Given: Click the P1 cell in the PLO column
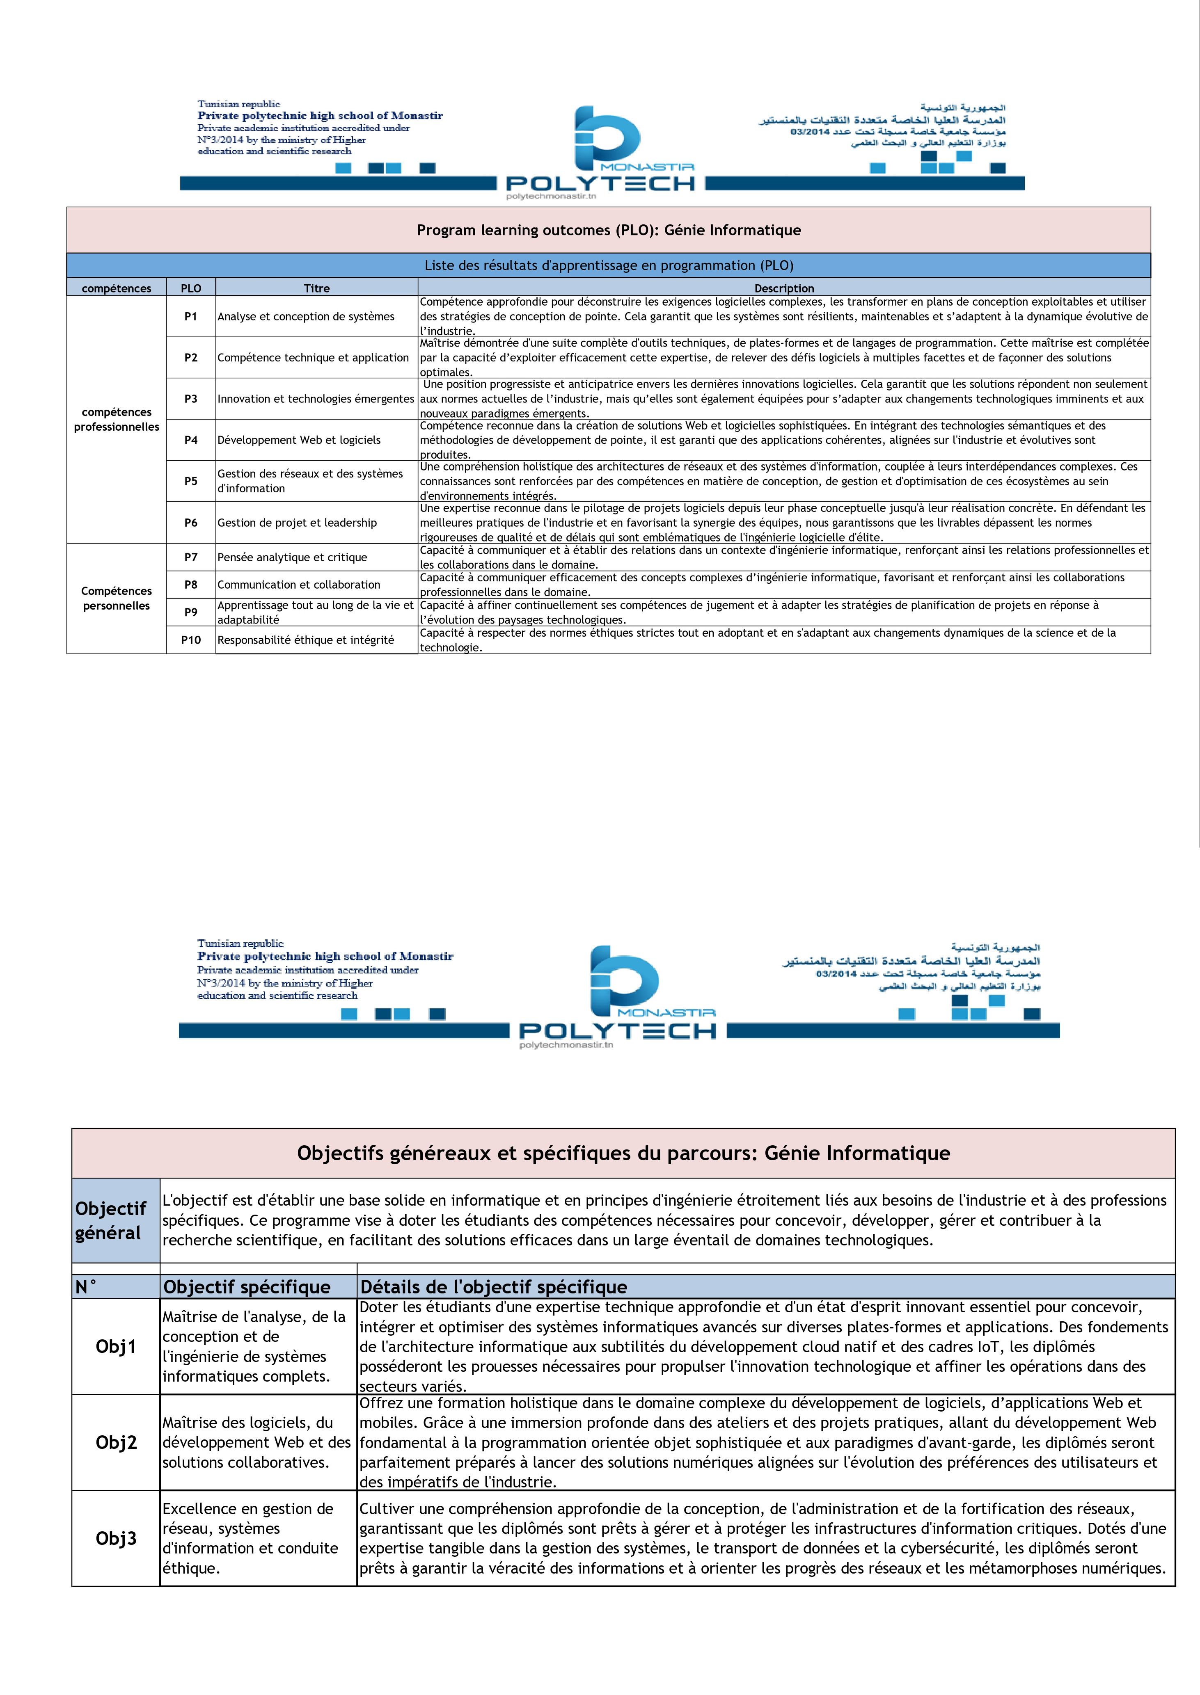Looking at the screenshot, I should pyautogui.click(x=191, y=316).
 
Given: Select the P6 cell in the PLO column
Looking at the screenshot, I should pyautogui.click(x=191, y=522).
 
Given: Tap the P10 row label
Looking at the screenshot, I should pyautogui.click(x=191, y=640).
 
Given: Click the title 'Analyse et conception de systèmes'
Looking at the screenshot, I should pyautogui.click(x=306, y=316).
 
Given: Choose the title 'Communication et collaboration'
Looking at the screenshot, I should pyautogui.click(x=298, y=584).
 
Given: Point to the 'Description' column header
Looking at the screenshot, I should pyautogui.click(x=784, y=288).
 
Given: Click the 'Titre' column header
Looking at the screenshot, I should pyautogui.click(x=316, y=288).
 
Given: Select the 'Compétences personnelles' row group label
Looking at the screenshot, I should pyautogui.click(x=116, y=598).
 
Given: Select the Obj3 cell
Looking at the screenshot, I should pyautogui.click(x=116, y=1538).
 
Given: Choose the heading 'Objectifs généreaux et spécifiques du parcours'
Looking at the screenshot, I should pyautogui.click(x=623, y=1153).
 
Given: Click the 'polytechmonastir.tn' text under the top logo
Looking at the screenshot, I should pyautogui.click(x=551, y=196).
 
